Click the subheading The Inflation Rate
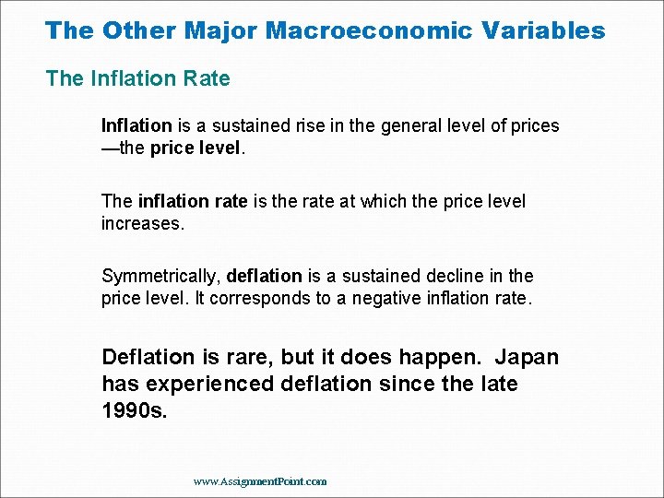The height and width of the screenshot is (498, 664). (x=138, y=78)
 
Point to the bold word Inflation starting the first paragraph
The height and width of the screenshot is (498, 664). (x=136, y=125)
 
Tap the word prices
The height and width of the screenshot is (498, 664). (x=534, y=125)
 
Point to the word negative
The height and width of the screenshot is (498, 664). (x=399, y=298)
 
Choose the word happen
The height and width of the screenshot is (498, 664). (x=436, y=358)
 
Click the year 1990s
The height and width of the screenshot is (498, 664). (x=135, y=410)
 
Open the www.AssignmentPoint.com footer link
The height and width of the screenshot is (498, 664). (x=260, y=481)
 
